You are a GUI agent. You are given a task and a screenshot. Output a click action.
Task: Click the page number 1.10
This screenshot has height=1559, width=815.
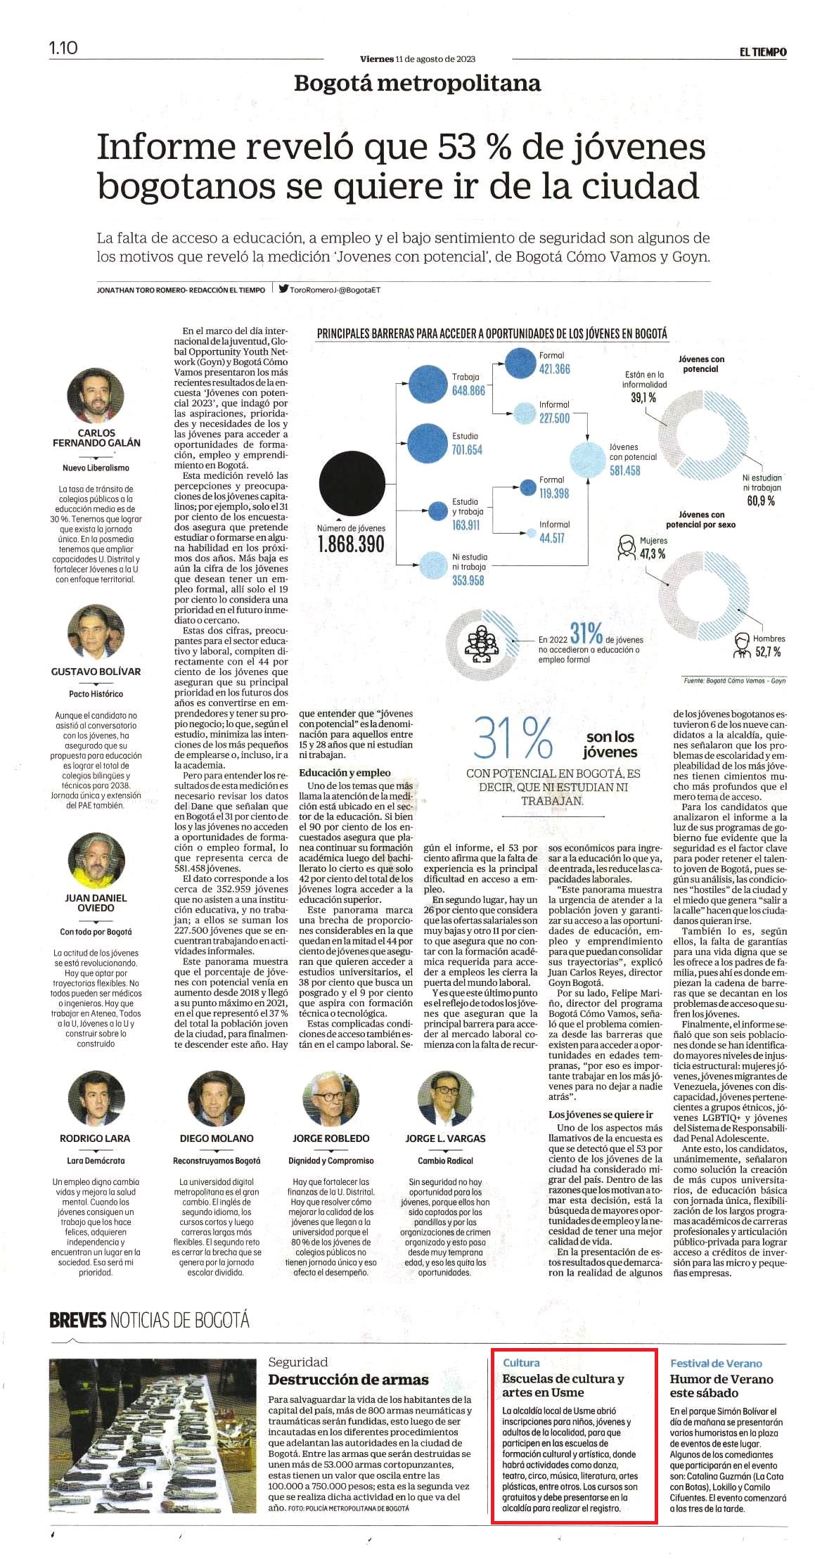coord(63,48)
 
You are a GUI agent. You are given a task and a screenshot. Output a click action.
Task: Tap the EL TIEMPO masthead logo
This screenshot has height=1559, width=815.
coord(762,52)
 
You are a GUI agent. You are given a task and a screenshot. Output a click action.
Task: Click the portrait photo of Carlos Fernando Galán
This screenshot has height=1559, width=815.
coord(96,395)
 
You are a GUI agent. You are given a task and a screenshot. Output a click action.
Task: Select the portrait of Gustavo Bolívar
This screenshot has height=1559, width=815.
coord(96,632)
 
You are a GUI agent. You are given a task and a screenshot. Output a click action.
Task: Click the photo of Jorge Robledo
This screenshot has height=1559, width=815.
coord(331,1099)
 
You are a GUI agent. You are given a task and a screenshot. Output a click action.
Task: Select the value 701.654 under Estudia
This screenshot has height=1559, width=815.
coord(467,450)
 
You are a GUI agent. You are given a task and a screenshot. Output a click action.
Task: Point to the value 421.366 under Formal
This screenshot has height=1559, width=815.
coord(555,369)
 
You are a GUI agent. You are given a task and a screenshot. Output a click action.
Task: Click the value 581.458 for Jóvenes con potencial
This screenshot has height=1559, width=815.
coord(624,470)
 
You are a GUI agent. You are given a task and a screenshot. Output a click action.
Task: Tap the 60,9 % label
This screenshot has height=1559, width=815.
coord(761,501)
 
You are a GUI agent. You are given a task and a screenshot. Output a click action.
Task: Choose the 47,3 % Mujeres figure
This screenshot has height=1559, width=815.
coord(652,554)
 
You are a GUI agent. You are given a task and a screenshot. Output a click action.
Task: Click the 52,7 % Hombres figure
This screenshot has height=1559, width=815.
coord(768,652)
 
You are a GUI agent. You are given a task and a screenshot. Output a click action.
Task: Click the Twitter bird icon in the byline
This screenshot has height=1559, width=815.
coord(283,288)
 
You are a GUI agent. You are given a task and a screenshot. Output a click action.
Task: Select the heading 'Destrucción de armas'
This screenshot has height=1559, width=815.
coord(348,1380)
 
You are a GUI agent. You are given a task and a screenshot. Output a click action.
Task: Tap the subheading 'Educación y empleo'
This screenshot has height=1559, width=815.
coord(345,772)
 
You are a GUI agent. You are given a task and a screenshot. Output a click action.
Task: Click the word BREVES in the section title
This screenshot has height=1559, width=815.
coord(77,1320)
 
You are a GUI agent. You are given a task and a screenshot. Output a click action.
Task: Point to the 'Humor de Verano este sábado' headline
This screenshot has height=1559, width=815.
coord(721,1386)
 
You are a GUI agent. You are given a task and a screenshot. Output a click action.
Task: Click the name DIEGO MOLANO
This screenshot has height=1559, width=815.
coord(217,1138)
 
